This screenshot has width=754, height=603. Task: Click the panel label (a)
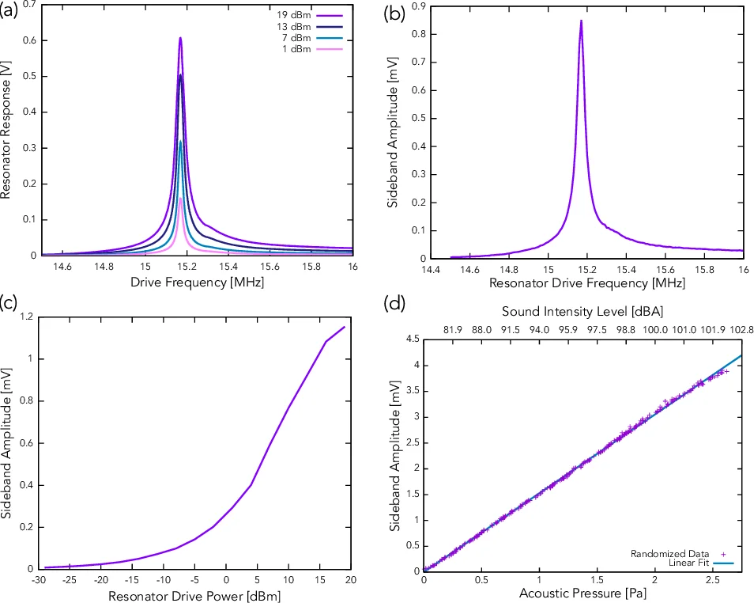(12, 12)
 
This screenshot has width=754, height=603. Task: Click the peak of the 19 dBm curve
(180, 38)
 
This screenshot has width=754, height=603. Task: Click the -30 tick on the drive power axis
(37, 579)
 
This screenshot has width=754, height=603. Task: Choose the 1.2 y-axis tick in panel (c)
(25, 317)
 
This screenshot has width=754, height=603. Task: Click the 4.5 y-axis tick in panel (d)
(412, 339)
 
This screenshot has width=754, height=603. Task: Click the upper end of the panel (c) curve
(345, 327)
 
